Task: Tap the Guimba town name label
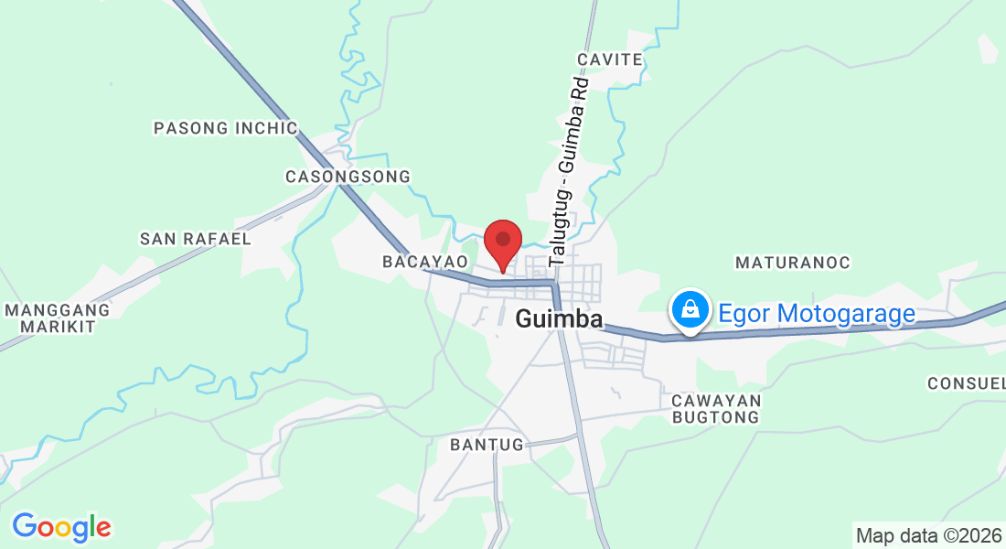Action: click(560, 319)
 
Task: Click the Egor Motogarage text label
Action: click(817, 314)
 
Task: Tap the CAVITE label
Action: click(609, 59)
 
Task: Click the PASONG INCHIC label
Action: click(226, 128)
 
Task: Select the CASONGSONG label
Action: click(348, 176)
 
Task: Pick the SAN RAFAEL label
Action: click(195, 239)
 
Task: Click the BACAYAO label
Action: click(425, 263)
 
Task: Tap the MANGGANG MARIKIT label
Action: click(58, 318)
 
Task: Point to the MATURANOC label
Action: click(793, 263)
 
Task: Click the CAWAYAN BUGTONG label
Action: click(716, 409)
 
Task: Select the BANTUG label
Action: click(487, 445)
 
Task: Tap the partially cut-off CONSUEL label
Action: click(966, 382)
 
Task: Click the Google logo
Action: click(61, 527)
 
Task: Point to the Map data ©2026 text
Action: click(928, 535)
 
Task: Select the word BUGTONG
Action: click(716, 417)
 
